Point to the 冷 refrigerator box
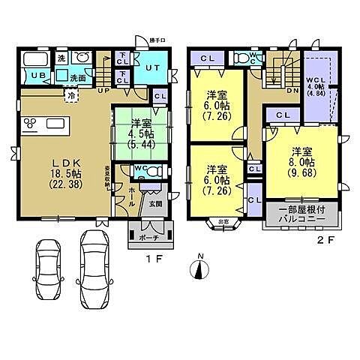(71, 96)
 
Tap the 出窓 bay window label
(223, 220)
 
